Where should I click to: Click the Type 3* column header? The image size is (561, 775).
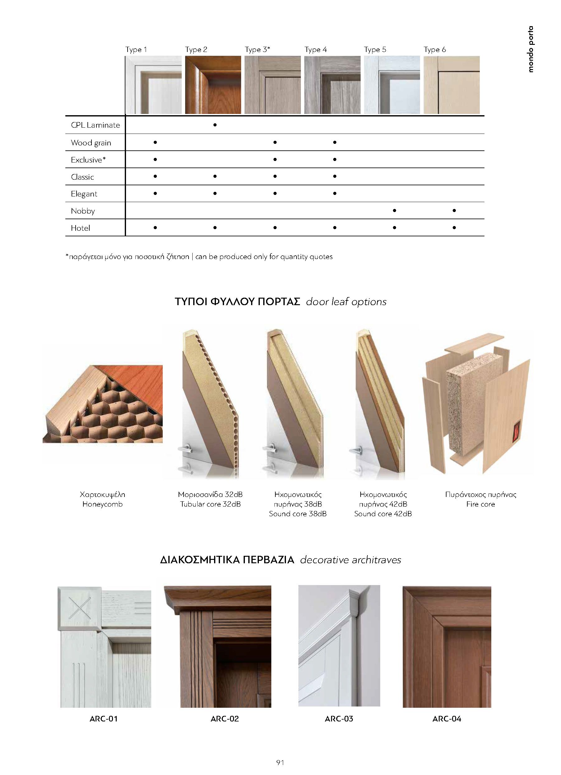tap(257, 50)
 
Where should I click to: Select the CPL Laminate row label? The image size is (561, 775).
tap(95, 125)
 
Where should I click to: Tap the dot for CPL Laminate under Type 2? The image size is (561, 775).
tap(215, 125)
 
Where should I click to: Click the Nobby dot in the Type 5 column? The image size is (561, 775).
tap(394, 210)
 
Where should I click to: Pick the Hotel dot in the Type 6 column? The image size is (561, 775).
tap(454, 228)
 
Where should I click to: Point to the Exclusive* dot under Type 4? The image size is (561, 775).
tap(334, 159)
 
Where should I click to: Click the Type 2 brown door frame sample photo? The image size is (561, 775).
tap(213, 85)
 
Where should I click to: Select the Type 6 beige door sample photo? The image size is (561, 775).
tap(451, 85)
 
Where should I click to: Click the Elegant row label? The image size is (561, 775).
tap(84, 194)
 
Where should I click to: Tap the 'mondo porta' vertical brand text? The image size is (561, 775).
tap(530, 49)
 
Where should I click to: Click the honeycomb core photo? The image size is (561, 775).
tap(102, 404)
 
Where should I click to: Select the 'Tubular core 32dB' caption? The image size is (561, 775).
tap(210, 504)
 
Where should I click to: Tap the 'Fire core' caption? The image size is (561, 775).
tap(480, 504)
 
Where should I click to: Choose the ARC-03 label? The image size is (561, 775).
tap(339, 719)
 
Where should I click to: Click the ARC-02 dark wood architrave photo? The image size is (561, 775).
tap(217, 646)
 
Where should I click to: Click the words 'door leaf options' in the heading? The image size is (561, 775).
tap(346, 302)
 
